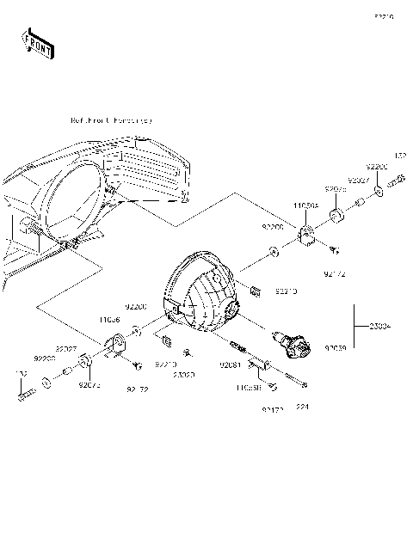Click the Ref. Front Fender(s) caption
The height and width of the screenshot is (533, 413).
pyautogui.click(x=111, y=121)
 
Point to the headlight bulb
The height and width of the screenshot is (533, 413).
pyautogui.click(x=293, y=345)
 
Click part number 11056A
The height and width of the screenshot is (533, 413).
pyautogui.click(x=305, y=207)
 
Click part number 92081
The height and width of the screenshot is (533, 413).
pyautogui.click(x=229, y=365)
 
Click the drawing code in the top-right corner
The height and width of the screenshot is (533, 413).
pyautogui.click(x=383, y=16)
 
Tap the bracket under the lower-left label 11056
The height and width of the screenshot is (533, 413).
pyautogui.click(x=116, y=346)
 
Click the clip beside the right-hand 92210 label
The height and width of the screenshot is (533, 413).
pyautogui.click(x=255, y=288)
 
